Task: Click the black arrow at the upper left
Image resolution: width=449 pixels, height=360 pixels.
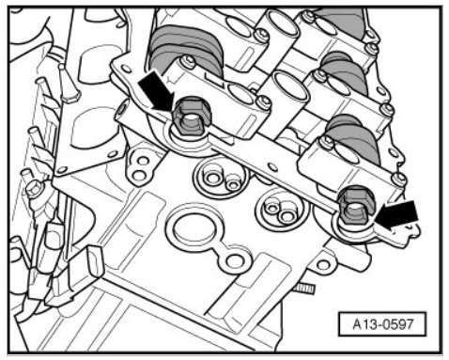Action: tap(156, 91)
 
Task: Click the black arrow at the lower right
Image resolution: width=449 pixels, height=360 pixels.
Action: tap(397, 215)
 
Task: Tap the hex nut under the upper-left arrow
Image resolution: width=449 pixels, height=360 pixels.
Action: tap(192, 117)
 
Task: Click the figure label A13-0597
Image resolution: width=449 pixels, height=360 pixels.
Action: tap(382, 324)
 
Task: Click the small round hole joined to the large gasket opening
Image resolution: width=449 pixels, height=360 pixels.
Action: tap(235, 261)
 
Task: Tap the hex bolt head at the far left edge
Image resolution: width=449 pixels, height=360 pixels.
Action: tap(34, 189)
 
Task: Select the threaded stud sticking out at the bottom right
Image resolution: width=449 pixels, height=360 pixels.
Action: tap(304, 289)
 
